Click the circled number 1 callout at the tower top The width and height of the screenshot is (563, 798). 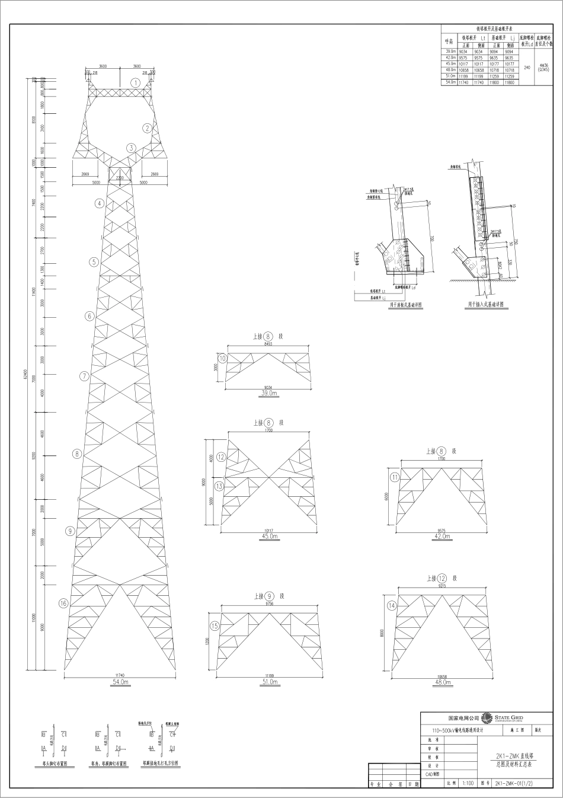click(x=136, y=83)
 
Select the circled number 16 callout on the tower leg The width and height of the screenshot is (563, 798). click(x=64, y=604)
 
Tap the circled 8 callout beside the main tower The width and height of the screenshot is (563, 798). click(x=76, y=454)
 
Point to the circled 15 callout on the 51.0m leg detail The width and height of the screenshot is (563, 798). click(x=215, y=625)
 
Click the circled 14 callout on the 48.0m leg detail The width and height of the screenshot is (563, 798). click(x=391, y=605)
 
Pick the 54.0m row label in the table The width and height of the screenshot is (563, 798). click(x=450, y=82)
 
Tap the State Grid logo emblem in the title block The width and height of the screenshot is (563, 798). click(x=487, y=719)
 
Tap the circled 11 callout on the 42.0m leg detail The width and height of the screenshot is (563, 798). click(x=395, y=477)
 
